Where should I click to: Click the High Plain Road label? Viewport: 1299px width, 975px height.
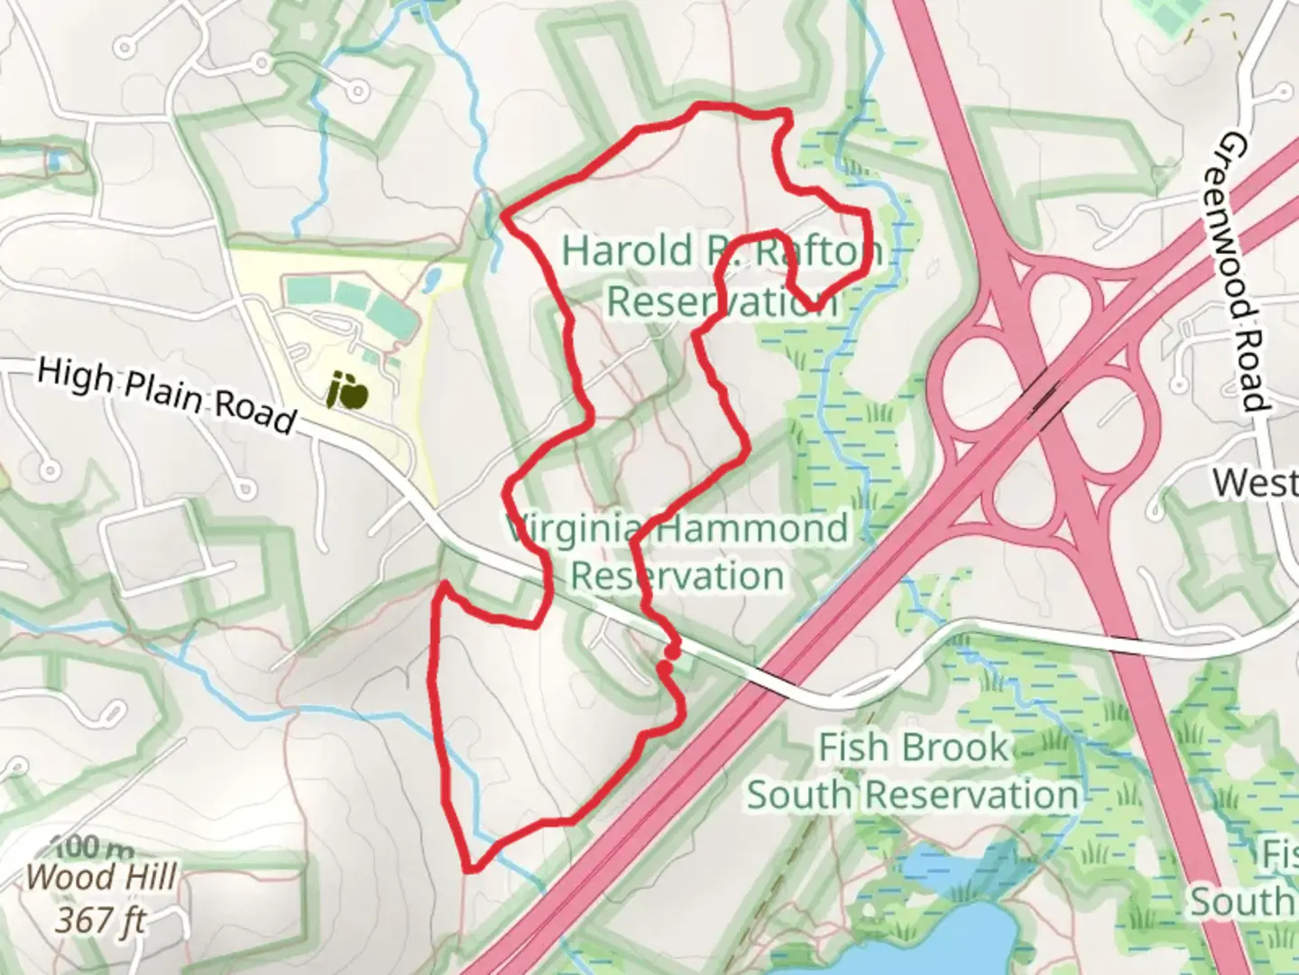[x=168, y=396]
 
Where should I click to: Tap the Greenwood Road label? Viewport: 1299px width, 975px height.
[x=1243, y=272]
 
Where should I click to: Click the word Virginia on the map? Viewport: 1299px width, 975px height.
[x=577, y=527]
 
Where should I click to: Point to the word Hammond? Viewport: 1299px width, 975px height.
[x=751, y=527]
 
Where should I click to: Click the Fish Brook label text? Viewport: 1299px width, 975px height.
[x=912, y=747]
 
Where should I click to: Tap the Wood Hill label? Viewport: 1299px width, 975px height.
[x=102, y=877]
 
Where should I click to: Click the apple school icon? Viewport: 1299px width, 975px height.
[x=346, y=392]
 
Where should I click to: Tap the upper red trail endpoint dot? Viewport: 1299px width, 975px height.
[x=671, y=650]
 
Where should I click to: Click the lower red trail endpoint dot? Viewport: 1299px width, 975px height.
[x=665, y=668]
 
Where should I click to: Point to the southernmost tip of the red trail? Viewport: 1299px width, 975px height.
[x=471, y=869]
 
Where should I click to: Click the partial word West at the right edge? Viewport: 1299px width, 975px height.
[x=1255, y=482]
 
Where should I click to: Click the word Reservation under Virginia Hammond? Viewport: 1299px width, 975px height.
[x=677, y=575]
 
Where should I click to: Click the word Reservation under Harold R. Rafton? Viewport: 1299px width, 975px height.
[x=722, y=301]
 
